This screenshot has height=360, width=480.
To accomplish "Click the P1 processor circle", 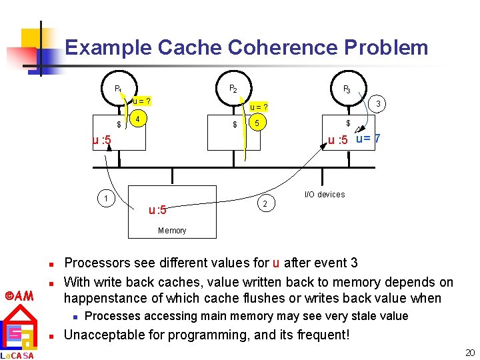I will click(117, 87).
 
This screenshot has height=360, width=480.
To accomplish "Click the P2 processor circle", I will click(233, 87).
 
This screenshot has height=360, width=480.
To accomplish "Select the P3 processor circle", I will click(347, 88).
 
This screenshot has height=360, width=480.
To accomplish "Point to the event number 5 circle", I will click(257, 123).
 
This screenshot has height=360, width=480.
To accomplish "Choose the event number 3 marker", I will click(378, 104).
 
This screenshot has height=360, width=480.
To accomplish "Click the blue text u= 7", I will click(368, 139).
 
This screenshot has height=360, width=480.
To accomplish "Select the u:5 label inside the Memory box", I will click(157, 210).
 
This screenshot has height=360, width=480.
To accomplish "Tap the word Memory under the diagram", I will click(172, 231).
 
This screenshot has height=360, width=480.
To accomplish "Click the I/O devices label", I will click(325, 195).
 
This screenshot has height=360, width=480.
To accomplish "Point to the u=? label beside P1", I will click(141, 101).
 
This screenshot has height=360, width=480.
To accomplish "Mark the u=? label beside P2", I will click(259, 107).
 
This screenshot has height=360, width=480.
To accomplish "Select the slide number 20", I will click(470, 353).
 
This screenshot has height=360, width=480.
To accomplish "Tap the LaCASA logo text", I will click(17, 355).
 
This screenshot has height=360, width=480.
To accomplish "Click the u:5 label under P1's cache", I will click(102, 140).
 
